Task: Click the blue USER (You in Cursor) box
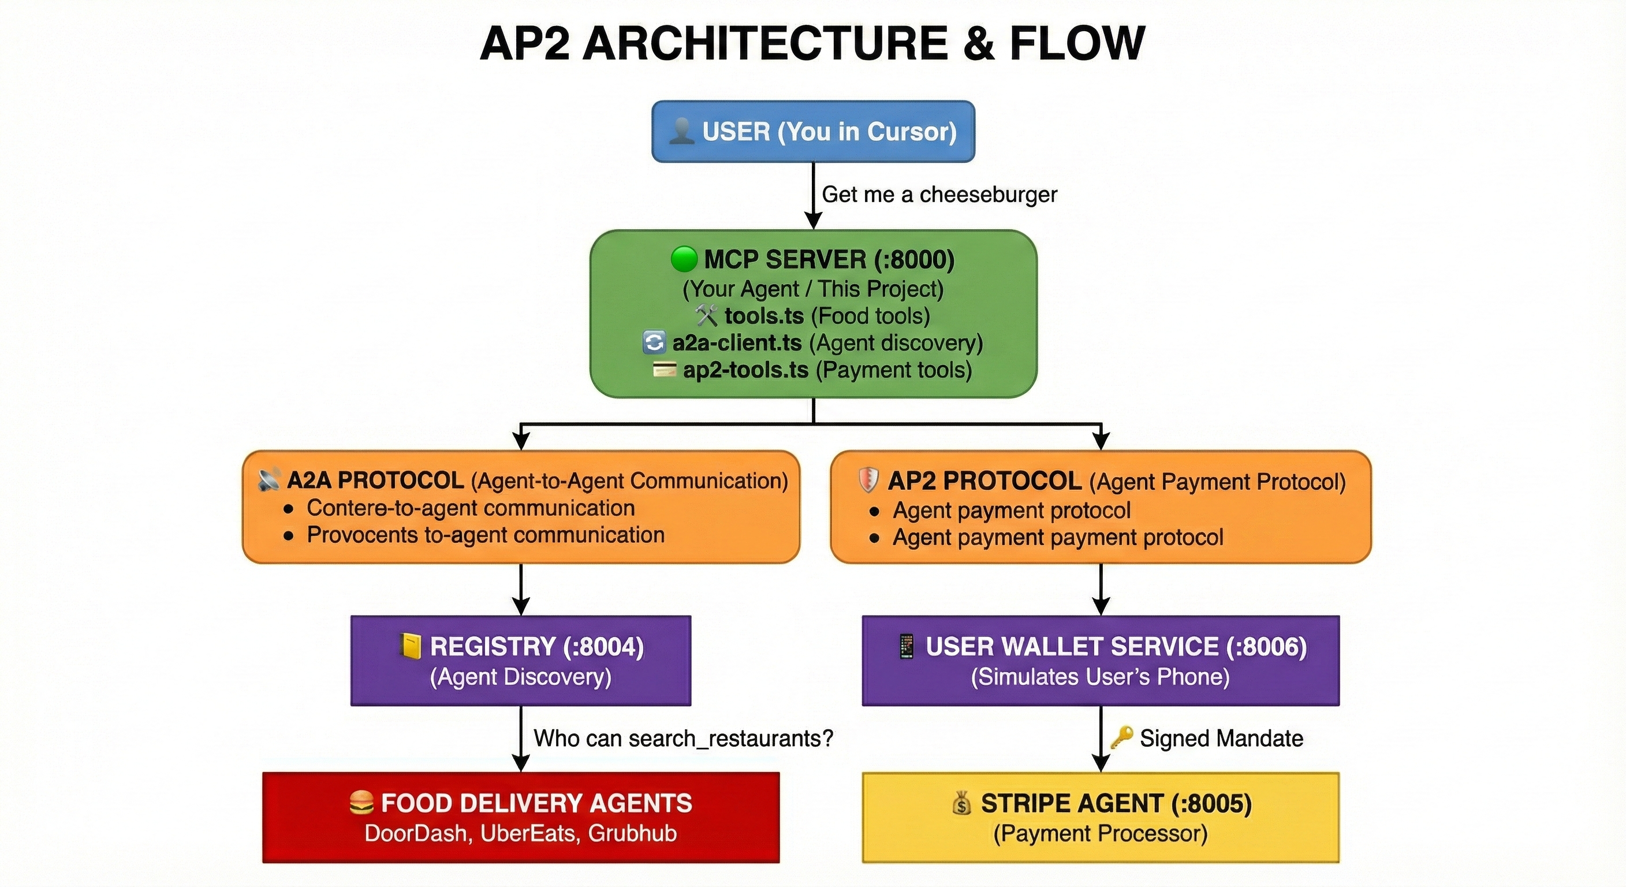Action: click(813, 131)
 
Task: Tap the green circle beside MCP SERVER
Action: click(684, 259)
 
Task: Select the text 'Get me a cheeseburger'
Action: click(939, 195)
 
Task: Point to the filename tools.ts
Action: click(764, 316)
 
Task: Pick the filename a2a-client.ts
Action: click(737, 343)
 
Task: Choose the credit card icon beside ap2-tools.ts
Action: click(664, 370)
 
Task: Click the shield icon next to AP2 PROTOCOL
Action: click(868, 480)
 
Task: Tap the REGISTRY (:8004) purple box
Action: click(521, 661)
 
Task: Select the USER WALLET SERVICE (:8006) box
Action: click(1100, 661)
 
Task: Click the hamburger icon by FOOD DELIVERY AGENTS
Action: click(361, 803)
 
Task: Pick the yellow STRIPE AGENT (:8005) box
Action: click(1100, 817)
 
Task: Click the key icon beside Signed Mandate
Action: click(1121, 737)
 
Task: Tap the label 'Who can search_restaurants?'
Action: click(683, 738)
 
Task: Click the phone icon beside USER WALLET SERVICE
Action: click(907, 646)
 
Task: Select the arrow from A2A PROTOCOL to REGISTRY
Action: click(521, 589)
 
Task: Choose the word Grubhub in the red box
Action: click(632, 833)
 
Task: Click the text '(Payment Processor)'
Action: click(1100, 833)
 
